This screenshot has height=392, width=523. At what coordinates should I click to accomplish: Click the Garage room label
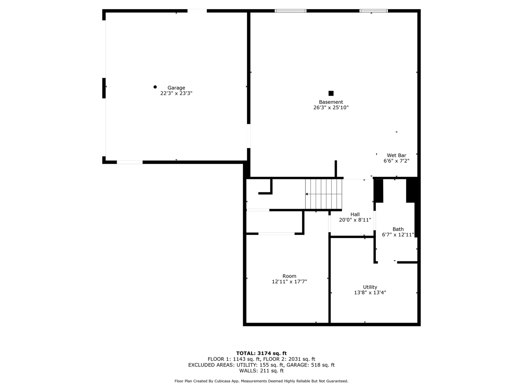pos(176,88)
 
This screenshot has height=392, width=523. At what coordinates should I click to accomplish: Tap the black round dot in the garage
pos(155,87)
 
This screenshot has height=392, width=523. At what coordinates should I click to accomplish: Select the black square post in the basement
pos(331,93)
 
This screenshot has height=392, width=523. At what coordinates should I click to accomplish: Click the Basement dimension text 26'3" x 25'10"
pos(331,107)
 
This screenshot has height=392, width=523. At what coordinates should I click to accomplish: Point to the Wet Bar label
pos(396,155)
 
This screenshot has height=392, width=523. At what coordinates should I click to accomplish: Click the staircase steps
pos(324,194)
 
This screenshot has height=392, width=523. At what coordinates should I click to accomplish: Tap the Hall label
pos(355,215)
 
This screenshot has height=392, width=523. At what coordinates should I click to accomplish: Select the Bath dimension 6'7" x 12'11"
pos(398,234)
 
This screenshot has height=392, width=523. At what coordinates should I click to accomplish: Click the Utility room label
pos(370,287)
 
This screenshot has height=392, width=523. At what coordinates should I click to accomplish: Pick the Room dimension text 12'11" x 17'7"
pos(289,281)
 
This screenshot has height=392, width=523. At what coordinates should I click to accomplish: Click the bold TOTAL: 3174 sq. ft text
pos(261,353)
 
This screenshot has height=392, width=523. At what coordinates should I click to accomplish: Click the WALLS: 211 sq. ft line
pos(261,371)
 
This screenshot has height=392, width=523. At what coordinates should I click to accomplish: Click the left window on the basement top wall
pos(291,11)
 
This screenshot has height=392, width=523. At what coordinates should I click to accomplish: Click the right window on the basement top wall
pos(373,11)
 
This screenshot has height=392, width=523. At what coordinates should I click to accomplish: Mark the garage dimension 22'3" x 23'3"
pos(176,93)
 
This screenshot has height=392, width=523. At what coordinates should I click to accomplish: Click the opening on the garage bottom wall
pos(130,162)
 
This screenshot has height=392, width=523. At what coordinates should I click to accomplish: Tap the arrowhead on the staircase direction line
pos(307,194)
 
